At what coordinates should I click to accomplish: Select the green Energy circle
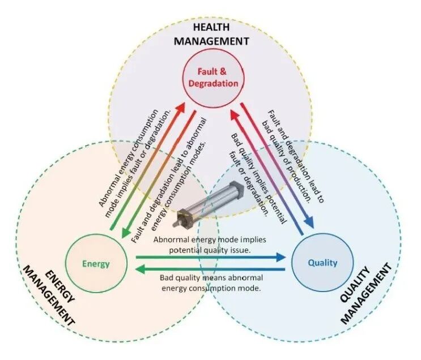point(96,263)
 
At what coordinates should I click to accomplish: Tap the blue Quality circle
point(322,262)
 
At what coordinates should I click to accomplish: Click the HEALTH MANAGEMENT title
point(211,35)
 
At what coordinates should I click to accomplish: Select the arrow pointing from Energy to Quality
point(210,258)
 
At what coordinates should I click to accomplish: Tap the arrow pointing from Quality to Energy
point(210,271)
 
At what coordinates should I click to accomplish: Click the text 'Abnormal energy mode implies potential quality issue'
point(210,243)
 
